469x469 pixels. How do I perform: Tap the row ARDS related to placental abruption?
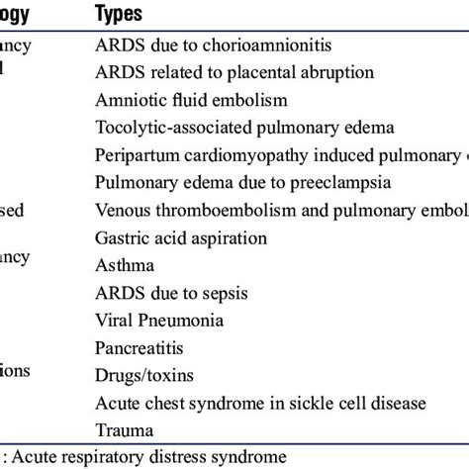click(234, 72)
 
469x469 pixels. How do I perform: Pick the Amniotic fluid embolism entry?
click(191, 100)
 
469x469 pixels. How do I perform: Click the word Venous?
click(124, 210)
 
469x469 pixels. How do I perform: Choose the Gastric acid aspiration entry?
click(181, 238)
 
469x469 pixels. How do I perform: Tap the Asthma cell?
click(125, 265)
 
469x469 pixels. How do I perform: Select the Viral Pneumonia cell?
click(158, 321)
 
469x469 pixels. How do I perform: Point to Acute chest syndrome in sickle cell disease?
click(260, 403)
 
